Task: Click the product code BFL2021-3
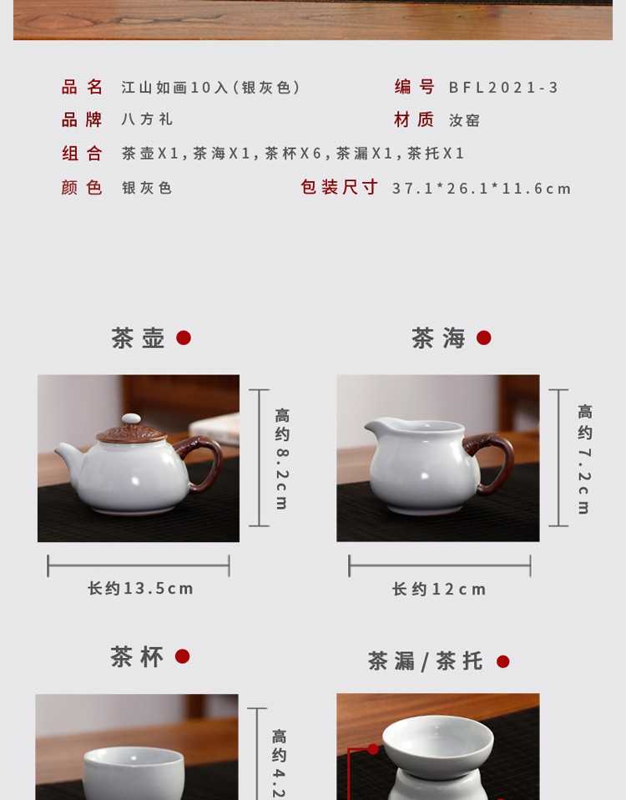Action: (503, 87)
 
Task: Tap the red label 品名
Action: (82, 87)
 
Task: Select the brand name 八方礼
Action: (147, 119)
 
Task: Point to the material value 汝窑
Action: (464, 120)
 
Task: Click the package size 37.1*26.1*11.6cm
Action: (482, 188)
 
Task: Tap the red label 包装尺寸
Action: (339, 187)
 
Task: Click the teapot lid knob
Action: (131, 419)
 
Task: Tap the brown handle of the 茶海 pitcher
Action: (492, 462)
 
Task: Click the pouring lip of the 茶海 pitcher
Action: (376, 425)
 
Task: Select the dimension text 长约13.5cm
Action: (140, 588)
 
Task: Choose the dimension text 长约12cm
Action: (439, 590)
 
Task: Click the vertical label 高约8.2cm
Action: (282, 458)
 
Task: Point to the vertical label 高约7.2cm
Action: (585, 458)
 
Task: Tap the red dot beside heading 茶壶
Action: (184, 337)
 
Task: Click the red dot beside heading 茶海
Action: (484, 337)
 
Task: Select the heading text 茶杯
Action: (137, 656)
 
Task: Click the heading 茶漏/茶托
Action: (425, 661)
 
